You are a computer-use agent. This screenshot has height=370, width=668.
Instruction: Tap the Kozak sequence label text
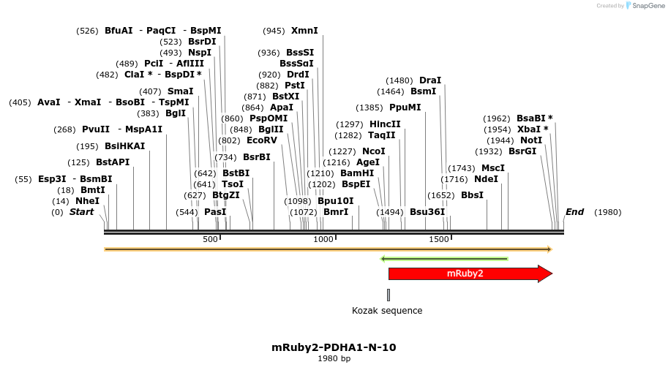tap(387, 311)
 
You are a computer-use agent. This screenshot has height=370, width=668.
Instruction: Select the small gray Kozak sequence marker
tap(389, 295)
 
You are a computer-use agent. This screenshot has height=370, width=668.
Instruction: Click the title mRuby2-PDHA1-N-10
tap(334, 347)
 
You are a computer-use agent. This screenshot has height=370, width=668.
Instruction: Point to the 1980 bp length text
tap(334, 359)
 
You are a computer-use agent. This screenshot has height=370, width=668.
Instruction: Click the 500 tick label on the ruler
tap(210, 240)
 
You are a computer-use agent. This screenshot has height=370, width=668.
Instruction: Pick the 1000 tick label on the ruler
tap(323, 240)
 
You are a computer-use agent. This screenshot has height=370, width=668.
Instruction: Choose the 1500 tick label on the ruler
tap(438, 240)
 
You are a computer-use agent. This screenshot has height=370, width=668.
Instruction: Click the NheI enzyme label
tap(87, 201)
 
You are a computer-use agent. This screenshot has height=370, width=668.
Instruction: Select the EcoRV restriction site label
tap(262, 140)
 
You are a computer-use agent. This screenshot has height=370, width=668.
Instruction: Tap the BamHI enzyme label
tap(357, 173)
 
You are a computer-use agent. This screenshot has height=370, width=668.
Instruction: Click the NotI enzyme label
tap(531, 140)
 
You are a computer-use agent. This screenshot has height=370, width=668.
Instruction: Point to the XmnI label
tap(304, 31)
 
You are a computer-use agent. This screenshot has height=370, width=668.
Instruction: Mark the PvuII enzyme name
tap(96, 129)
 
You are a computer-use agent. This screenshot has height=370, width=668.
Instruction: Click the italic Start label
tap(82, 212)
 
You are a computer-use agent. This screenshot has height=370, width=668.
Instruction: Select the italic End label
tap(574, 212)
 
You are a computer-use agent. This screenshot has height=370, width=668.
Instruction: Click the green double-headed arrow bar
tap(444, 259)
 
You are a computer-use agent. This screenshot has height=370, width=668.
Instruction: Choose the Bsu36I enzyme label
tap(427, 212)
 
